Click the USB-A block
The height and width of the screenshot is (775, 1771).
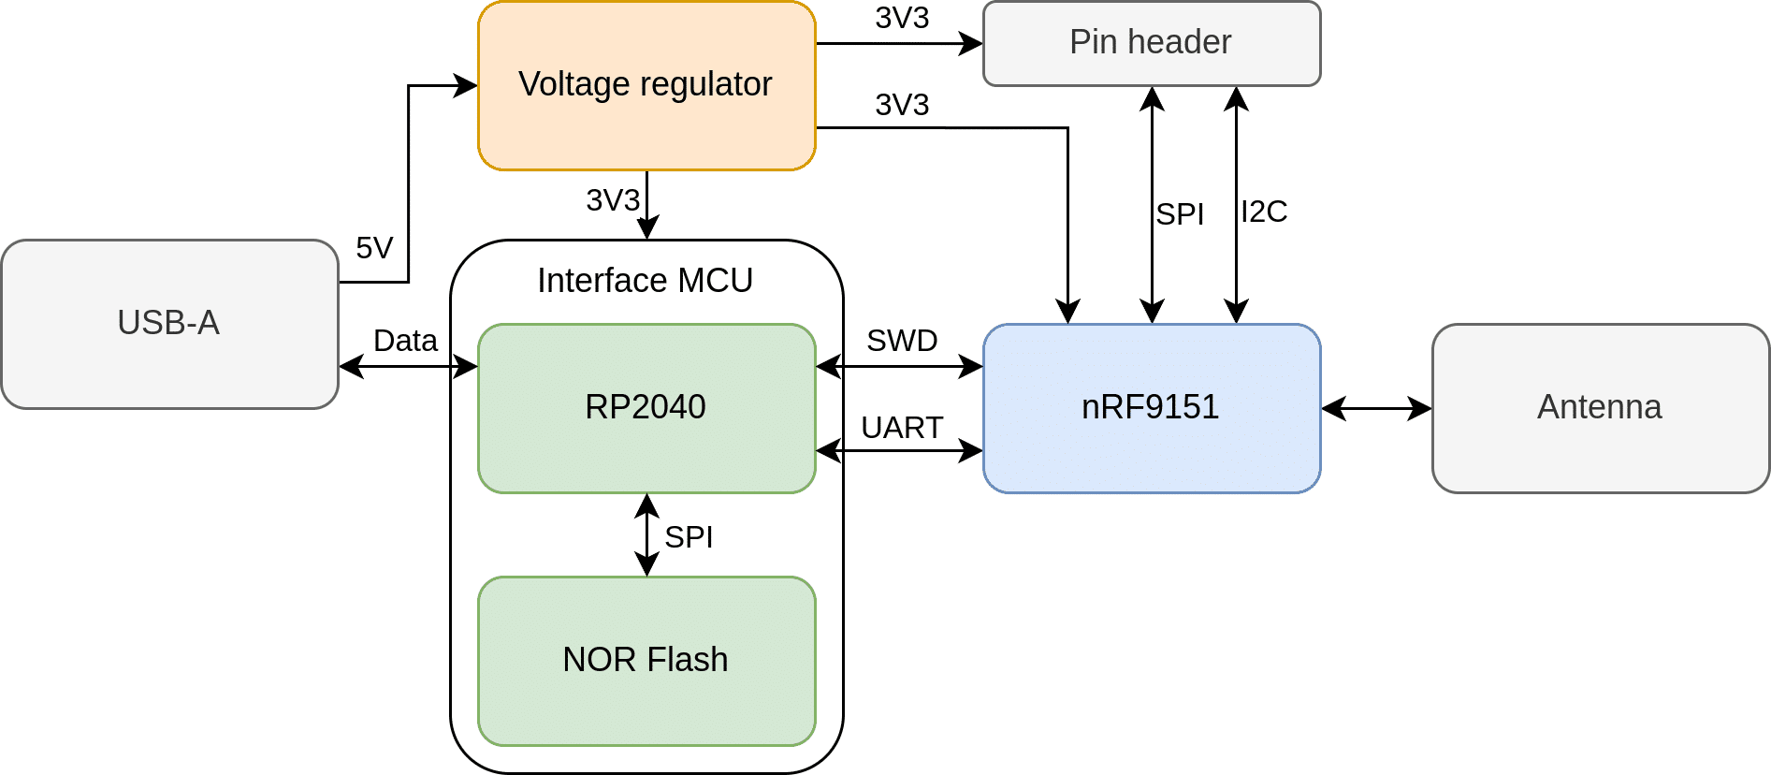click(x=169, y=324)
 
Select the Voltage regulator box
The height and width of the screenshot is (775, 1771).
click(x=646, y=85)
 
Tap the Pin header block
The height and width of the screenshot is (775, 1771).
click(x=1151, y=43)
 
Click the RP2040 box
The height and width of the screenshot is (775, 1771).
click(x=646, y=408)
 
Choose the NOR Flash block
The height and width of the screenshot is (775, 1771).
click(x=646, y=661)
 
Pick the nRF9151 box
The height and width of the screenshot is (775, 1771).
click(x=1151, y=408)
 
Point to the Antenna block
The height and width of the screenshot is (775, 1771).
click(x=1600, y=408)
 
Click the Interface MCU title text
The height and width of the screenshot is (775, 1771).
click(x=645, y=281)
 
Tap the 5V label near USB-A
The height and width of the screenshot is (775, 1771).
click(x=374, y=248)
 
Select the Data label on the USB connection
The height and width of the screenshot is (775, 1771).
click(x=405, y=341)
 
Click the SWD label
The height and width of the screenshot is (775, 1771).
click(x=902, y=341)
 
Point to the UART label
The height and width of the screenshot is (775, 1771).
click(x=902, y=428)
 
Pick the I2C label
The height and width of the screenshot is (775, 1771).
click(x=1264, y=212)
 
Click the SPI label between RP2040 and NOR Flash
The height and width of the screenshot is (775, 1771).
click(x=689, y=537)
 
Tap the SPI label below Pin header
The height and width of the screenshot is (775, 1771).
click(x=1180, y=214)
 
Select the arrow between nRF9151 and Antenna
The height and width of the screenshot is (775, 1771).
click(x=1376, y=408)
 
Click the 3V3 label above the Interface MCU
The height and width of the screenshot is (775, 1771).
click(x=613, y=200)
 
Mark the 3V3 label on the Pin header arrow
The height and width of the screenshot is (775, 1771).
click(x=902, y=18)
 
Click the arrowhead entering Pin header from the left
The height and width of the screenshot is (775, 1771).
click(x=973, y=43)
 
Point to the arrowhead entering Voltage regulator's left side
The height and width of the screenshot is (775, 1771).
click(x=467, y=85)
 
